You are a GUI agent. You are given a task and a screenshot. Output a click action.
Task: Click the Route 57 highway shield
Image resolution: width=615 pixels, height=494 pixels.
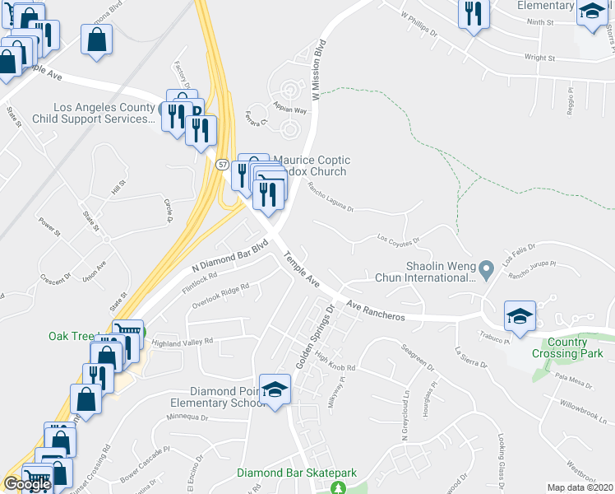pyautogui.click(x=223, y=165)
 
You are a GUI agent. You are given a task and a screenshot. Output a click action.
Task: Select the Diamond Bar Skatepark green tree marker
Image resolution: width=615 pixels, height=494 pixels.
pyautogui.click(x=338, y=488)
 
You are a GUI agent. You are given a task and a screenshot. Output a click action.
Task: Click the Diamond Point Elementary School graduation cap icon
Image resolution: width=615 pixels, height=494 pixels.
pyautogui.click(x=275, y=388)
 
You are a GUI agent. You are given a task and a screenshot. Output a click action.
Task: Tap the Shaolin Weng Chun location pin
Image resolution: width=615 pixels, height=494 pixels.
pyautogui.click(x=486, y=269)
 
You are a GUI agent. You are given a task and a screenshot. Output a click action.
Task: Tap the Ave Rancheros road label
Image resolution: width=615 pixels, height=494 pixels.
pyautogui.click(x=375, y=310)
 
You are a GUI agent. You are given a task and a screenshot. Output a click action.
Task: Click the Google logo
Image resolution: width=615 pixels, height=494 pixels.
pyautogui.click(x=27, y=484)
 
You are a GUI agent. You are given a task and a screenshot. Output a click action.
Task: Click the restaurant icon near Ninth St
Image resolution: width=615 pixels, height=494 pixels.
pyautogui.click(x=474, y=14)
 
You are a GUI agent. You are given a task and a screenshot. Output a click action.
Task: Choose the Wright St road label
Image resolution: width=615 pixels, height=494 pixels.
pyautogui.click(x=540, y=58)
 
